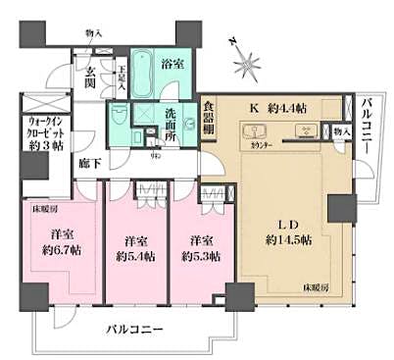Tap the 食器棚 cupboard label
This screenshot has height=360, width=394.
coord(210,120)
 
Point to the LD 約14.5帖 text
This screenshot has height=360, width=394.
coord(286,230)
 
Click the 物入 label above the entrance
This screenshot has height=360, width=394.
coord(94,32)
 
